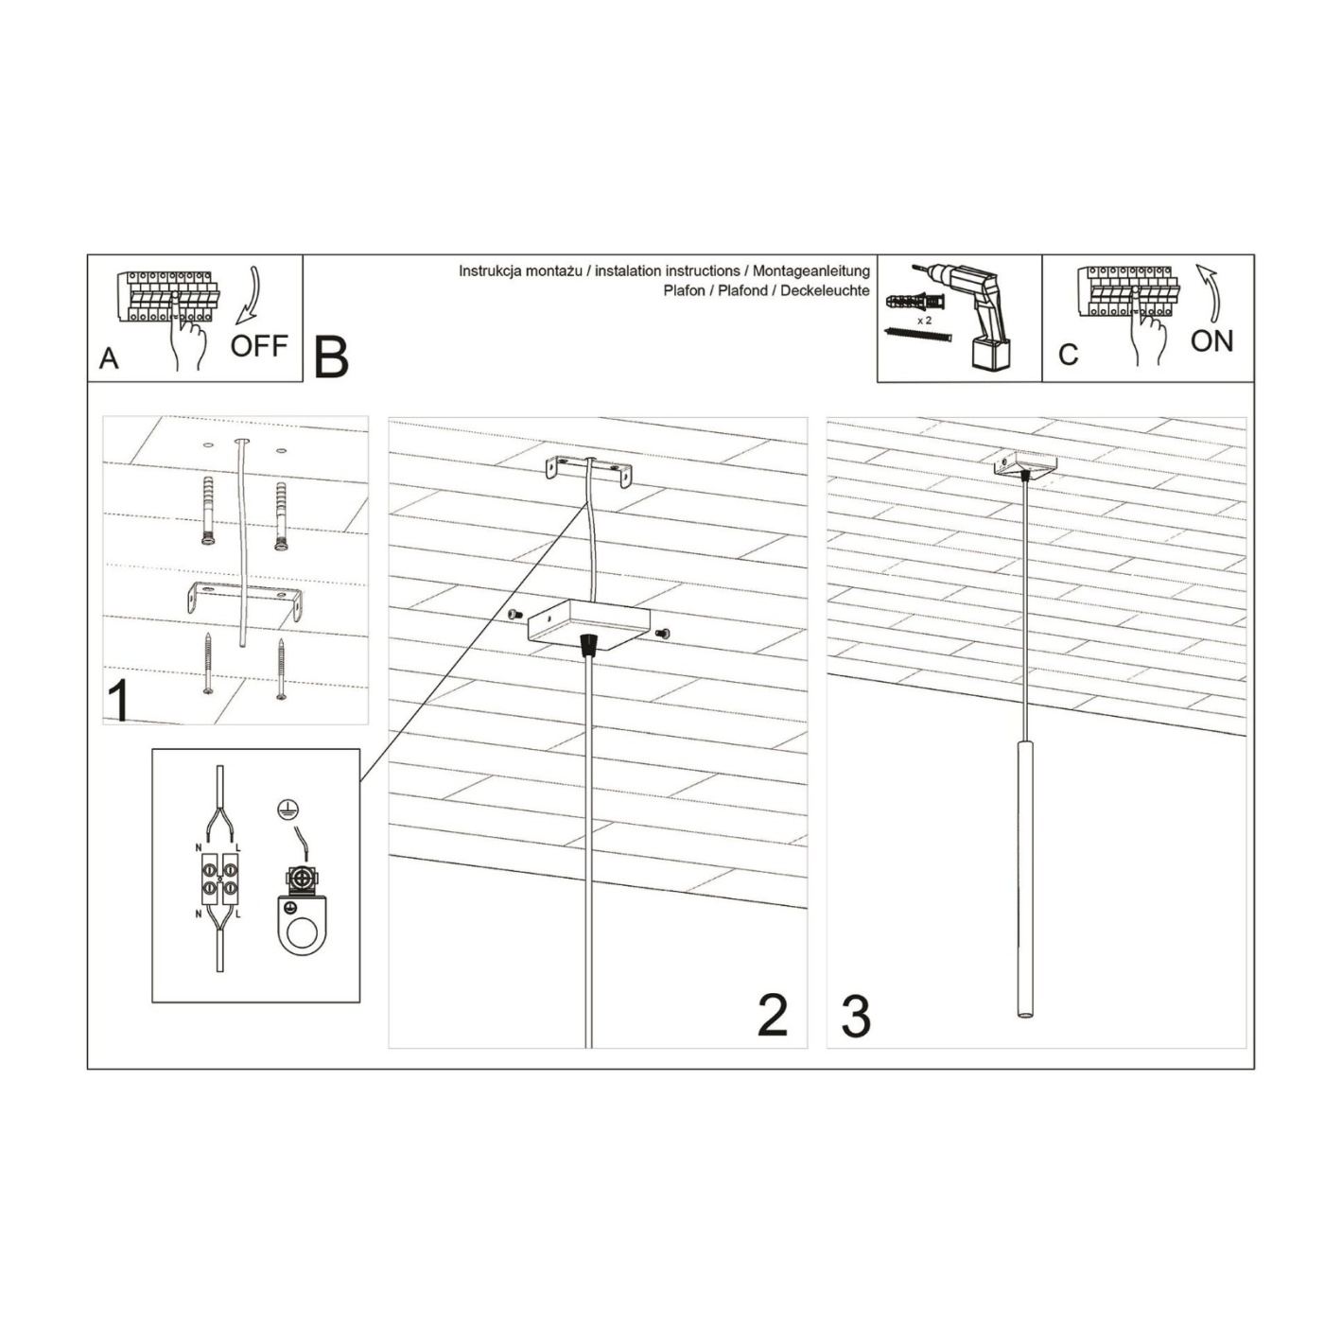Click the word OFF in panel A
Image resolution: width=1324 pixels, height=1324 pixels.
(x=258, y=345)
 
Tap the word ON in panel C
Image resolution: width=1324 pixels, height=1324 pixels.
(x=1212, y=341)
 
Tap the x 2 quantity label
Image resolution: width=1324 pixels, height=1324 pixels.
(x=924, y=321)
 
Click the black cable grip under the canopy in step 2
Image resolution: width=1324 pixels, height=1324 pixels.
(x=588, y=644)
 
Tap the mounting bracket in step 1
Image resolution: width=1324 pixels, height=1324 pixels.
(x=244, y=600)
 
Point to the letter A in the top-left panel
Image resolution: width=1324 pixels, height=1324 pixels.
(x=110, y=358)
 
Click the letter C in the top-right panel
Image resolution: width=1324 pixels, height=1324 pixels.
(x=1069, y=355)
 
